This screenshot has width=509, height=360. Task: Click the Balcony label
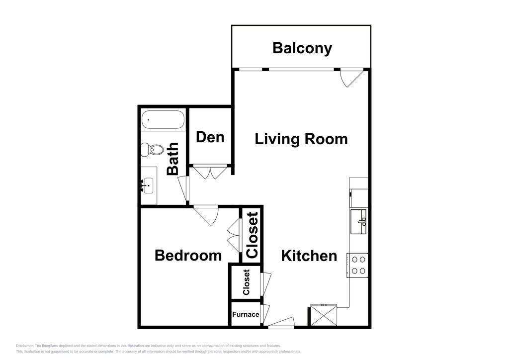point(302,48)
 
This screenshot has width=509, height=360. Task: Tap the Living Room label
point(301,139)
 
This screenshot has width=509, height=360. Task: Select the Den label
point(210,137)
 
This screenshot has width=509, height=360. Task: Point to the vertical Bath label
point(172,159)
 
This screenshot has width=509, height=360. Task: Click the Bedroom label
point(188,256)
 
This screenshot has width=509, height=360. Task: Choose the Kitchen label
point(309,256)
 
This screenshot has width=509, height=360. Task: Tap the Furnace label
point(246,314)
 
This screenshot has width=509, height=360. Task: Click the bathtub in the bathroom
point(163,120)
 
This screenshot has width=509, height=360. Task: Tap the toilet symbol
point(152,149)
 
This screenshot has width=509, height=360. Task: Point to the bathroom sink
point(148,186)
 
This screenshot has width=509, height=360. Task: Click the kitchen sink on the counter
point(358,221)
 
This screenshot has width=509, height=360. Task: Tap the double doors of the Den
point(210,172)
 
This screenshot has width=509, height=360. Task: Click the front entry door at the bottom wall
point(281,323)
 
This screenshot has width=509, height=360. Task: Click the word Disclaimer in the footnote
point(24,346)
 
